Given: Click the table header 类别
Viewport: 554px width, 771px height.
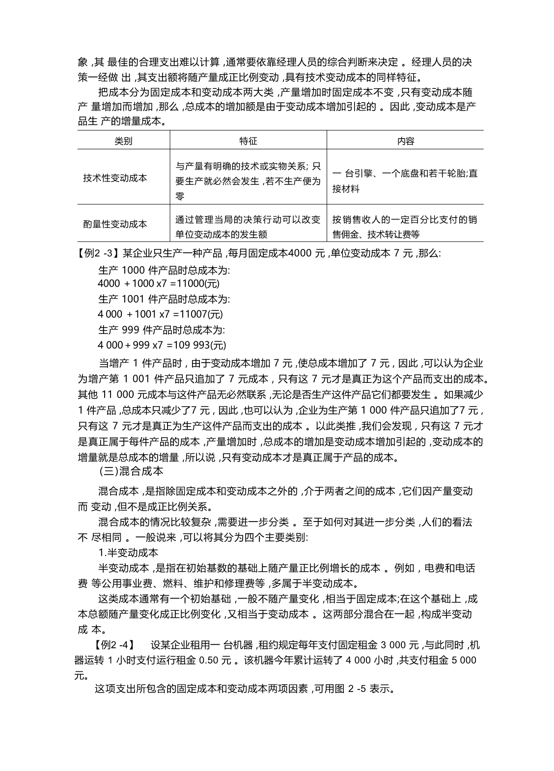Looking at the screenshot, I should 123,141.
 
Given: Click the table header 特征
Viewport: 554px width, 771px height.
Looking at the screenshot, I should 248,141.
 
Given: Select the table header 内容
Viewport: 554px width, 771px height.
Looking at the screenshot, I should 406,141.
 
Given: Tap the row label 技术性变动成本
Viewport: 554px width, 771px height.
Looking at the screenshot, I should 115,178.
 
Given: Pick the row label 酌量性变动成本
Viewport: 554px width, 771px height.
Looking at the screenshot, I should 115,224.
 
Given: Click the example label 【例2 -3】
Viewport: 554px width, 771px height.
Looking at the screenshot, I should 98,253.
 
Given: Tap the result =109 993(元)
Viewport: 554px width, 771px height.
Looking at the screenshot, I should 198,345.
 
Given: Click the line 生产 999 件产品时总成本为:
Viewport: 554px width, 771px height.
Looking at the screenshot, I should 162,330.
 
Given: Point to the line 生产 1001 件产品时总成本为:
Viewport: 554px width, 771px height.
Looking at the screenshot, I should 164,299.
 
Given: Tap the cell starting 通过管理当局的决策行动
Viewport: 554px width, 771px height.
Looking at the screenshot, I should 248,226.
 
